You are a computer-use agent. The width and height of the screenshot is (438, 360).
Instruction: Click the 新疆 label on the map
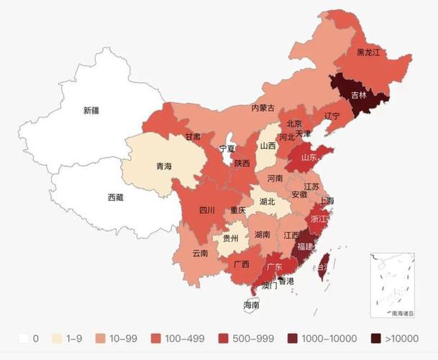tap(91, 110)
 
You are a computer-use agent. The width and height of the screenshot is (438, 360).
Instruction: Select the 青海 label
tap(164, 166)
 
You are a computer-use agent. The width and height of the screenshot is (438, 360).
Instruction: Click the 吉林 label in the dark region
tap(359, 94)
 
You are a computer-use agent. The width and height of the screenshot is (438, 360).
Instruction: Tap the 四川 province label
tap(207, 210)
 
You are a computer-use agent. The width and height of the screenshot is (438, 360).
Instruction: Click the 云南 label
tap(200, 253)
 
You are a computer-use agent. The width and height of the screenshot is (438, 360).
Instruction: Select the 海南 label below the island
tap(251, 305)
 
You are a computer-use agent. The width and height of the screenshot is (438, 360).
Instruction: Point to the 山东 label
tap(309, 157)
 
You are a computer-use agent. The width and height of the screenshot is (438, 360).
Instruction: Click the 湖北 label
tap(267, 202)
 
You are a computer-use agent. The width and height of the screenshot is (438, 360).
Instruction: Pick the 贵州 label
tap(231, 238)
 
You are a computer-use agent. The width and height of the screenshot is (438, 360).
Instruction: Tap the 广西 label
tap(241, 264)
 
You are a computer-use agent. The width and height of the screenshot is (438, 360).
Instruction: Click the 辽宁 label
tap(332, 115)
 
